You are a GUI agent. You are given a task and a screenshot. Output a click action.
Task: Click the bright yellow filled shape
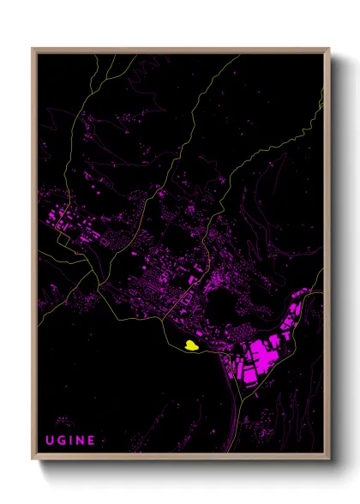pyautogui.click(x=188, y=345)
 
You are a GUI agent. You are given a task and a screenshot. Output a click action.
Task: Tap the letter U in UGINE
pyautogui.click(x=50, y=440)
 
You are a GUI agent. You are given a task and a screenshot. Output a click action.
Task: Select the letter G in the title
pyautogui.click(x=62, y=440)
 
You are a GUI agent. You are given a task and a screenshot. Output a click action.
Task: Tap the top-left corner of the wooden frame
pyautogui.click(x=33, y=49)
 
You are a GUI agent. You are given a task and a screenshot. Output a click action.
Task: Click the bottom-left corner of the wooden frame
pyautogui.click(x=33, y=459)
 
